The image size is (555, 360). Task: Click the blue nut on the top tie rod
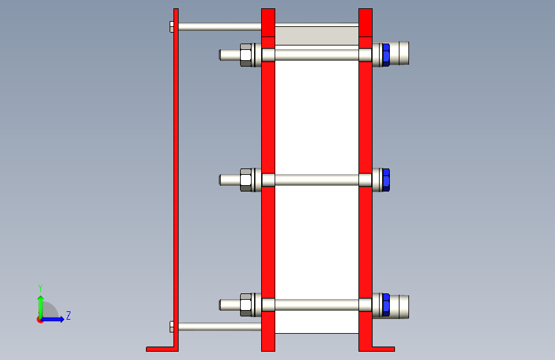(386, 55)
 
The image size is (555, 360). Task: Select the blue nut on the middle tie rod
(386, 180)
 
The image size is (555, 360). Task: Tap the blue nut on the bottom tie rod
(386, 305)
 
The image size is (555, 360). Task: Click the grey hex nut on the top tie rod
(246, 55)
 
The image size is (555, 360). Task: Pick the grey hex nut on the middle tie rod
(246, 180)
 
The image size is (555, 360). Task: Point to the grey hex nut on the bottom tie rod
(246, 305)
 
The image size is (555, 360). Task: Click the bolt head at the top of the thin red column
(172, 27)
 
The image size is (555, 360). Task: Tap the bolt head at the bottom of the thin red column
(172, 327)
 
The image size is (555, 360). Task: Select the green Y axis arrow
(41, 307)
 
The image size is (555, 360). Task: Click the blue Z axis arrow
(52, 319)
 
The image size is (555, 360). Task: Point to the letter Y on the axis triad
(40, 288)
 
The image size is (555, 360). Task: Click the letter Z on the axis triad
(68, 315)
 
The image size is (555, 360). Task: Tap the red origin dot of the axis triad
(40, 320)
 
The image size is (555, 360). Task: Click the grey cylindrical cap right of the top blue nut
(399, 53)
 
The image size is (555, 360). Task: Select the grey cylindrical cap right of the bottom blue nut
(399, 306)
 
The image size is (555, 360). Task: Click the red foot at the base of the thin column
(162, 349)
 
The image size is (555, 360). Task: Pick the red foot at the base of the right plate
(383, 349)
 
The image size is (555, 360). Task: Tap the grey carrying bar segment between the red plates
(317, 36)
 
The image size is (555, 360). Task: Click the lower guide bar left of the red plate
(220, 326)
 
